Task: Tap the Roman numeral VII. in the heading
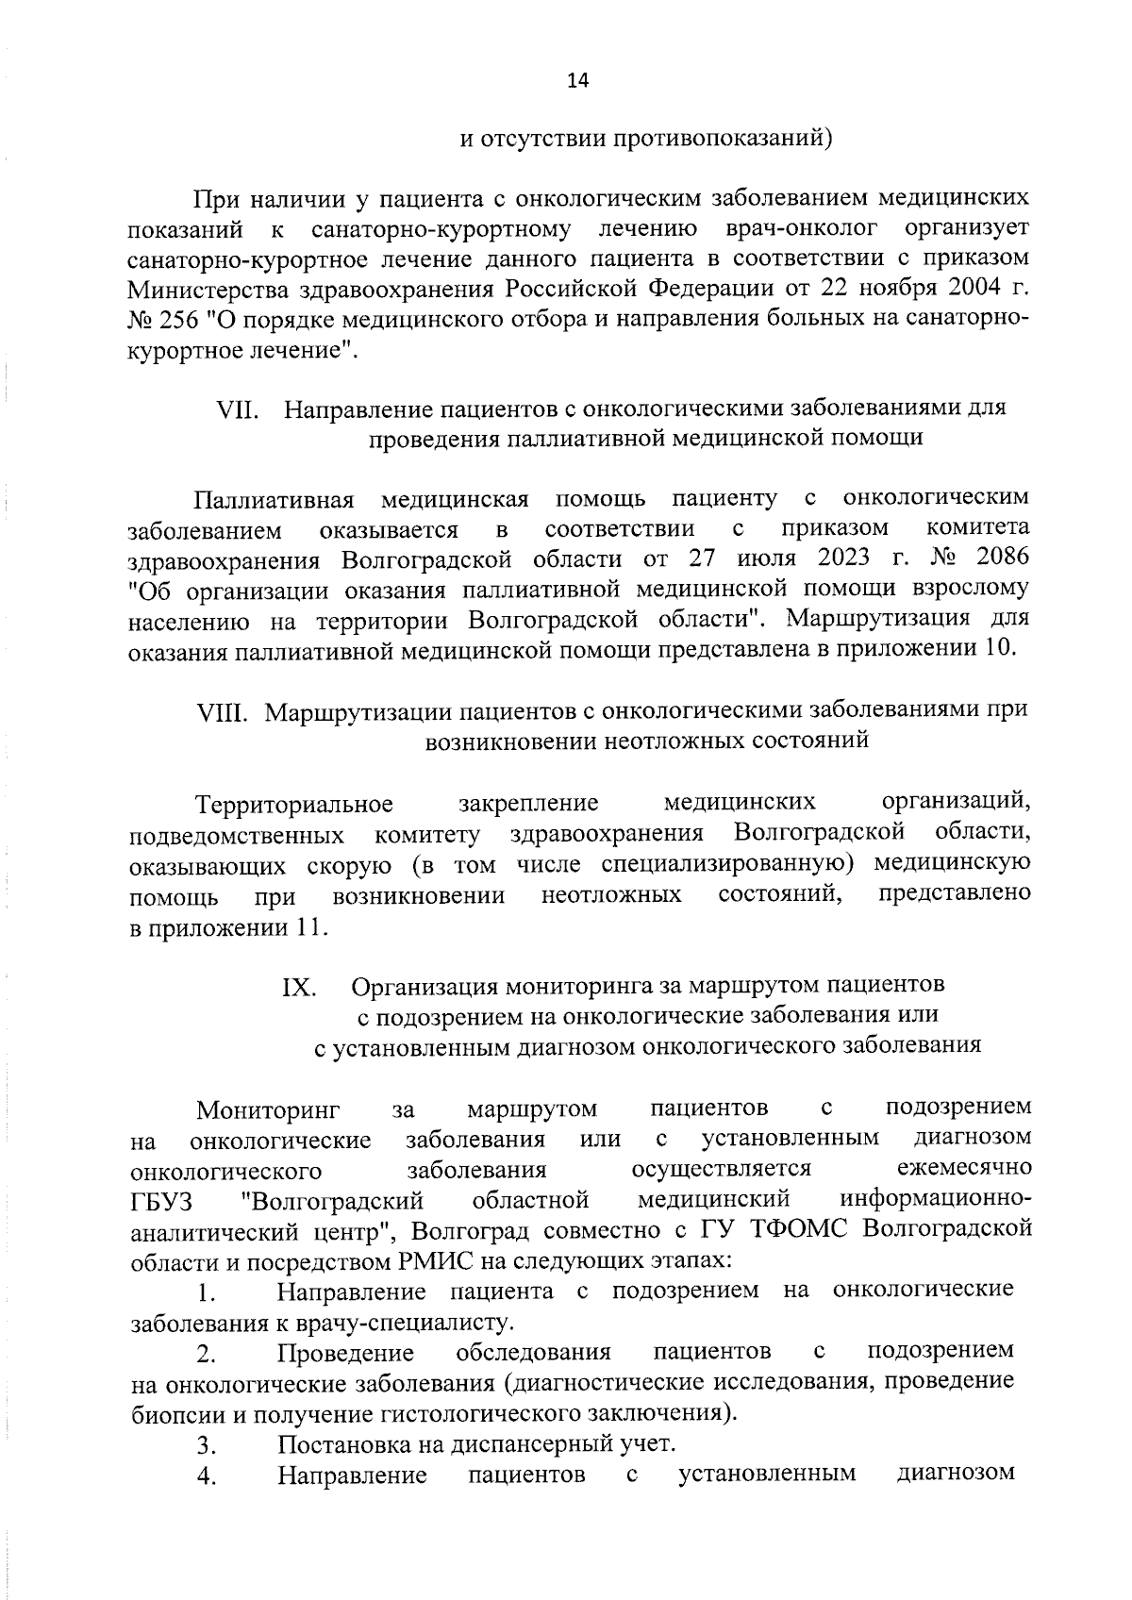239,409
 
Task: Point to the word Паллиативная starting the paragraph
274,498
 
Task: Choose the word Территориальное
293,805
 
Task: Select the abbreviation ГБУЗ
160,1202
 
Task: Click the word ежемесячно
963,1169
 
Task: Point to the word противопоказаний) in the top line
723,140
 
